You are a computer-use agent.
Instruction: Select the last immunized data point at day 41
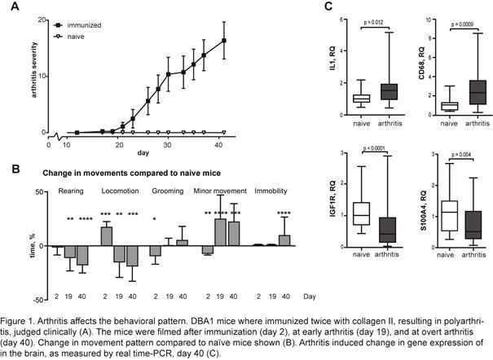pos(224,40)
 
